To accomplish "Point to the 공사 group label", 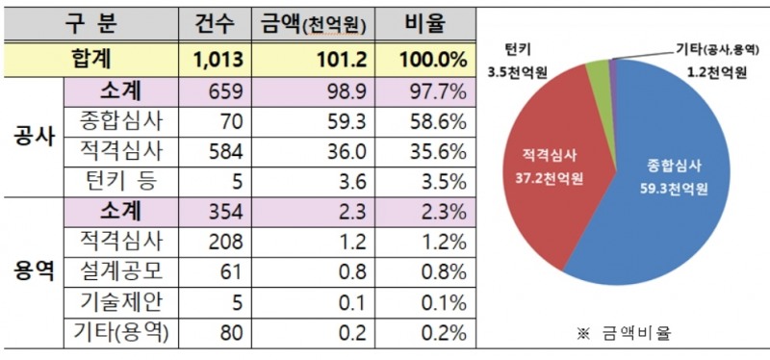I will (x=32, y=138).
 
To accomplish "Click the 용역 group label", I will (x=32, y=272).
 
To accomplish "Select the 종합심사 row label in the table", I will (x=118, y=121).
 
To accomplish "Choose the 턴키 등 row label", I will (x=118, y=181).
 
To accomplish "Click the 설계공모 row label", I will (x=118, y=272).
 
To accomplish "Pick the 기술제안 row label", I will (x=118, y=302).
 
